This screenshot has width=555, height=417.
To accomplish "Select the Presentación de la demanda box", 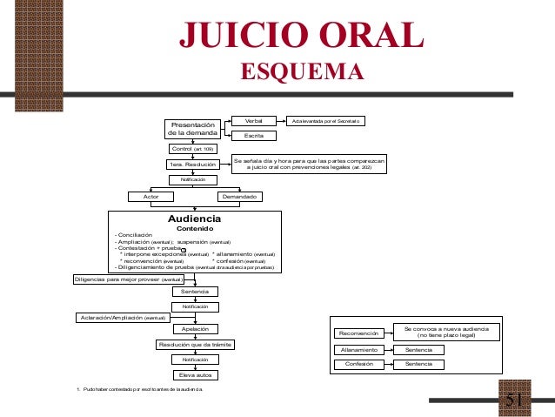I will [193, 129].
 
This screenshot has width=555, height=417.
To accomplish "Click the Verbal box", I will [254, 120].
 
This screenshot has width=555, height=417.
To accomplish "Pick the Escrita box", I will [254, 136].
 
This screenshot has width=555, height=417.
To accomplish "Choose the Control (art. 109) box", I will [193, 149].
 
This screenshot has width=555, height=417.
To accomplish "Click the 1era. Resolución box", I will [193, 165].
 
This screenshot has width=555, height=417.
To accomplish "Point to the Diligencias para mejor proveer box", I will [127, 279].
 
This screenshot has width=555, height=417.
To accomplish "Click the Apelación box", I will [194, 330].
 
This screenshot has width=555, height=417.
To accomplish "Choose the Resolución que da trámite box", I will [194, 345].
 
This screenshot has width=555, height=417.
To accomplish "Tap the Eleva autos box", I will [194, 374].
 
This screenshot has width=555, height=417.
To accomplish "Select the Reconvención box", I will [358, 333].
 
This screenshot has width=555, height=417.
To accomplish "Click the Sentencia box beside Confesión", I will [412, 363].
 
